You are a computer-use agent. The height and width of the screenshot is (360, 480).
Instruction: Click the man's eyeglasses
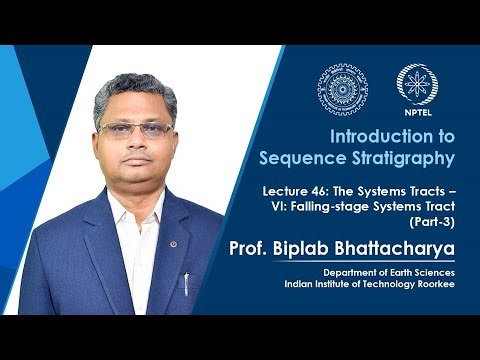[x=131, y=130]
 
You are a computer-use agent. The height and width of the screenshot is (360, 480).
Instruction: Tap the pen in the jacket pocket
[x=186, y=282]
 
